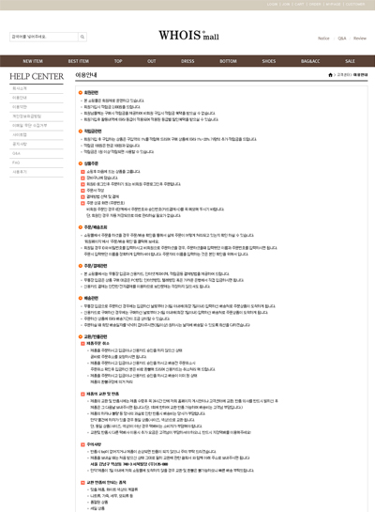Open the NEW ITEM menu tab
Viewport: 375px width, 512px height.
[33, 60]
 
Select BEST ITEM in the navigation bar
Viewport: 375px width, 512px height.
[79, 60]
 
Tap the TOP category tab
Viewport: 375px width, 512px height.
[119, 60]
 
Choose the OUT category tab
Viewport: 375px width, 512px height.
[153, 60]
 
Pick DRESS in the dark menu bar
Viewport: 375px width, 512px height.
[187, 60]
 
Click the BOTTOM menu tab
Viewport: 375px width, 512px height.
[228, 60]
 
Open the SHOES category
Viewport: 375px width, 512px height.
[269, 60]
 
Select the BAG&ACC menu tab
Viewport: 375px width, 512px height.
[309, 60]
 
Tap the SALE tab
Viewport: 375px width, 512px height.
[349, 60]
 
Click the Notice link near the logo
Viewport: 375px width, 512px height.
[323, 39]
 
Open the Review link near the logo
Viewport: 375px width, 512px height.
[359, 39]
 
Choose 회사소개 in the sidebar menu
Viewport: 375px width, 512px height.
[20, 88]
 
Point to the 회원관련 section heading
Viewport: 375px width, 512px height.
[91, 92]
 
